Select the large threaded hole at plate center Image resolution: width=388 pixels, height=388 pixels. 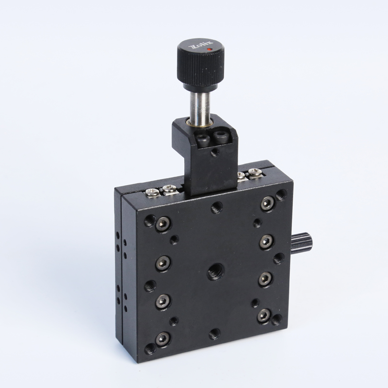[214, 272]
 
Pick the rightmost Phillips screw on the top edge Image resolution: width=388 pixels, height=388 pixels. [255, 173]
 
